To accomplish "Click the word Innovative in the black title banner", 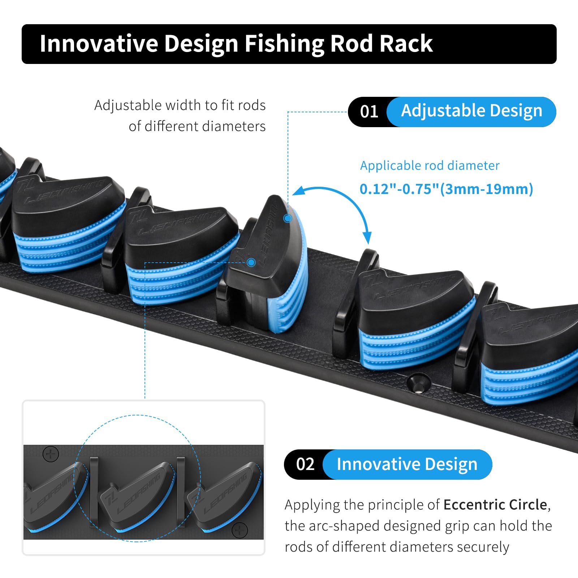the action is click(x=99, y=44).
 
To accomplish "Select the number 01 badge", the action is click(x=369, y=112).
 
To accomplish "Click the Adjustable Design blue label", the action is click(x=471, y=112).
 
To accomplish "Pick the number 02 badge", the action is click(x=305, y=464).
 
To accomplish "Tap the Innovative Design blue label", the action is click(x=407, y=464).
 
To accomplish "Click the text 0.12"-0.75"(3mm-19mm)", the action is click(x=447, y=189).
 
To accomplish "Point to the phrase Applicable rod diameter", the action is click(x=430, y=165).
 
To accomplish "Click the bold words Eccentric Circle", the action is click(x=495, y=505).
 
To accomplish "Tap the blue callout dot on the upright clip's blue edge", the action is click(x=288, y=218).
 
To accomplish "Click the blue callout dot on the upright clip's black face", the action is click(x=251, y=262).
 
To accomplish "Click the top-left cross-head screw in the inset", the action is click(x=51, y=454).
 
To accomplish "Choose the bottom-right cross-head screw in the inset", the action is click(x=239, y=530).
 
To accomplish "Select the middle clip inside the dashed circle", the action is click(x=137, y=497).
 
